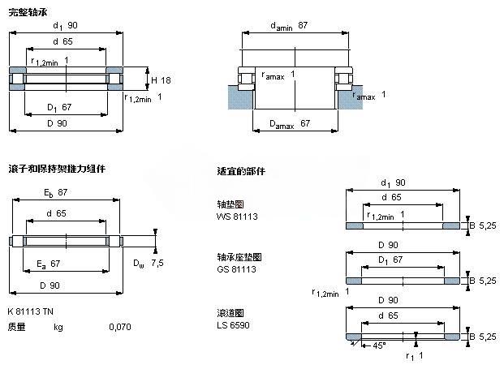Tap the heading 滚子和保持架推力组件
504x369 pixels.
[x=56, y=169]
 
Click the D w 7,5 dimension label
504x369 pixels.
[x=149, y=264]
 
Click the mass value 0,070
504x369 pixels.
[x=120, y=327]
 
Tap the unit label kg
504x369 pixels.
[x=58, y=327]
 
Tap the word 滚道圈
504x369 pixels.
[x=230, y=313]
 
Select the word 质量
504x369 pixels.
[x=16, y=327]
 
